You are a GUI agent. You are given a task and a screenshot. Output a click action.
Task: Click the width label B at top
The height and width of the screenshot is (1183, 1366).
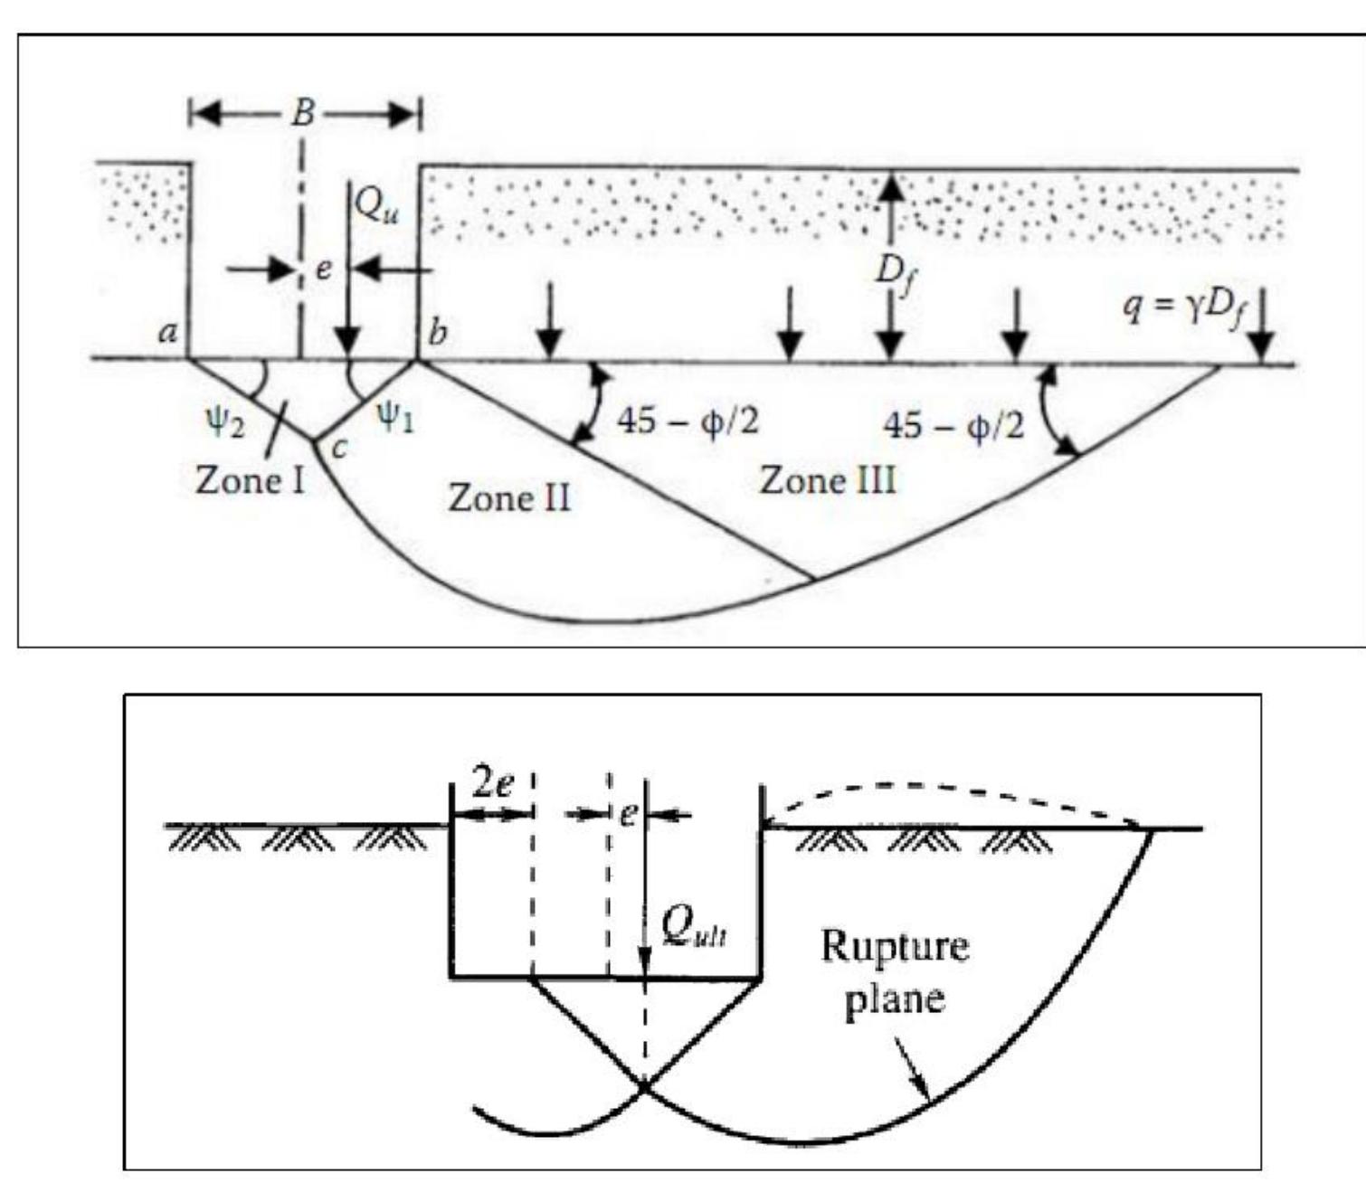(x=305, y=113)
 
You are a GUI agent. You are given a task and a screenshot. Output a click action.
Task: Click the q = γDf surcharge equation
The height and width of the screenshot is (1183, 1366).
(x=1181, y=308)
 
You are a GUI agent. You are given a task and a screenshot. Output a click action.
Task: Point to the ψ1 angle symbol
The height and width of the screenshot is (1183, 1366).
(x=395, y=417)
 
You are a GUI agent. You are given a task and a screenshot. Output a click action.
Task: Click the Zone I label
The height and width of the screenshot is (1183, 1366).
(x=250, y=480)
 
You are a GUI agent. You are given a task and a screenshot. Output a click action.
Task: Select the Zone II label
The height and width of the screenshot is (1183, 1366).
(x=508, y=498)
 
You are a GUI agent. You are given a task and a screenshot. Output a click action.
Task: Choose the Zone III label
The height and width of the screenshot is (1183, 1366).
(x=828, y=480)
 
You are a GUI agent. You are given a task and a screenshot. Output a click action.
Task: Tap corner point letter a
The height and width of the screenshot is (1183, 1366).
(x=167, y=333)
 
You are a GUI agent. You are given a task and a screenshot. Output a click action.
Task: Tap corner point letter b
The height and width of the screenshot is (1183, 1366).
(x=437, y=333)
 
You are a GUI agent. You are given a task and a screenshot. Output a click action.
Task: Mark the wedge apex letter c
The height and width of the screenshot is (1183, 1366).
(x=338, y=447)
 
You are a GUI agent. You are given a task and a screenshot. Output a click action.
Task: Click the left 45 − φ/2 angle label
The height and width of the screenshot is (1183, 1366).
(x=688, y=421)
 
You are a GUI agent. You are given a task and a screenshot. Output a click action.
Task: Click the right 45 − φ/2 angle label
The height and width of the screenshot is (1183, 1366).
(x=953, y=424)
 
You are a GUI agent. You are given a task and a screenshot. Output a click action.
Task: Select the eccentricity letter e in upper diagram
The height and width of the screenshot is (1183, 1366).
(x=323, y=270)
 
